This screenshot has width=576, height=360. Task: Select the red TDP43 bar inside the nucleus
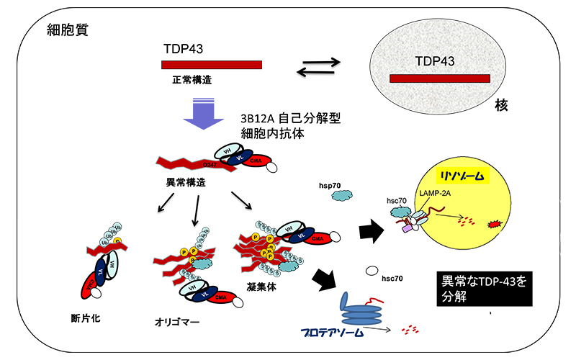439,78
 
